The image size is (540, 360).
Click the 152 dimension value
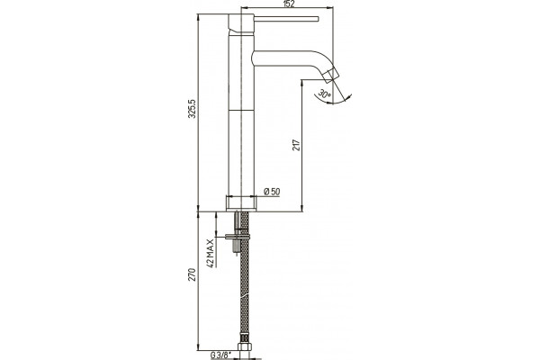[289, 4]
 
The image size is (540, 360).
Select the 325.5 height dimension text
[193, 109]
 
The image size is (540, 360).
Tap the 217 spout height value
[296, 144]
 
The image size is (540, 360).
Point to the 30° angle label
[324, 93]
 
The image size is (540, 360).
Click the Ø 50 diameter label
[272, 192]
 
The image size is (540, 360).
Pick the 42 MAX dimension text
[211, 253]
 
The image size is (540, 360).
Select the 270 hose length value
[193, 274]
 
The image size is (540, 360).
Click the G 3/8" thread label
[220, 355]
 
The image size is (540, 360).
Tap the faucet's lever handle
[286, 18]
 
